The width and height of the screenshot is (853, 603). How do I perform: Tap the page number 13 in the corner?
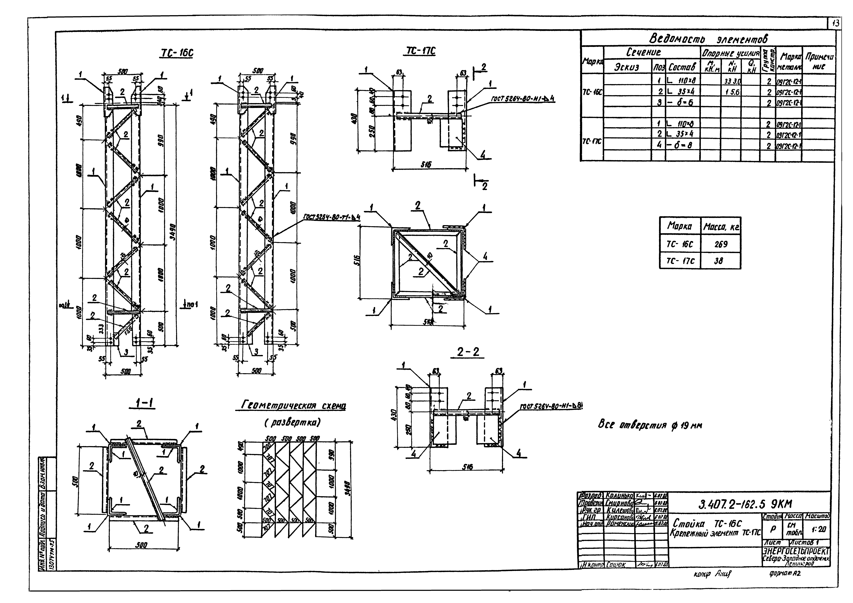tap(835, 24)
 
